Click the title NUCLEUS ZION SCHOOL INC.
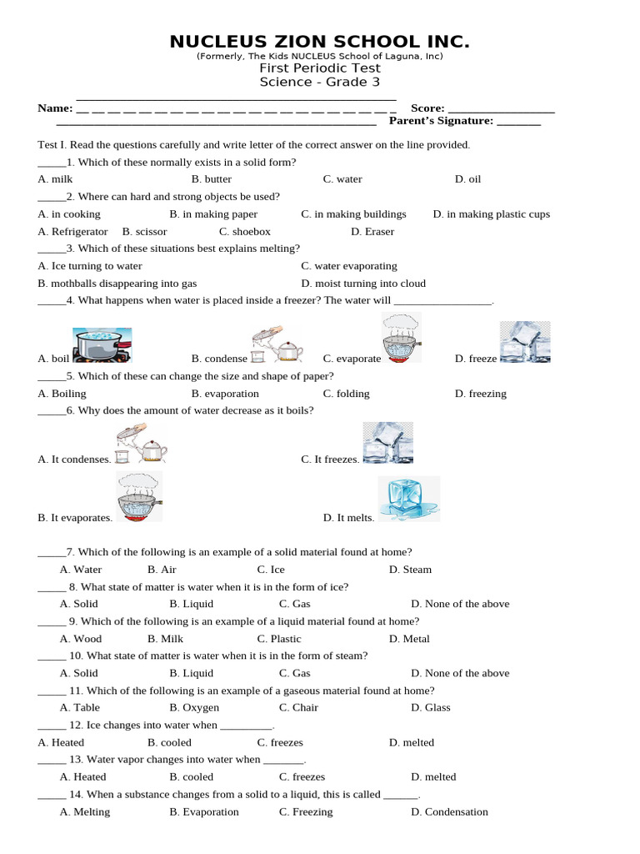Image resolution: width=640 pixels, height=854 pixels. [320, 42]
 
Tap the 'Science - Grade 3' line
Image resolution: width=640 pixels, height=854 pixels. [320, 82]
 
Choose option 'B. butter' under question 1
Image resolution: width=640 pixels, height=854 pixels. [212, 179]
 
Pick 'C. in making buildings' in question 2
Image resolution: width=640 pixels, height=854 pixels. [353, 214]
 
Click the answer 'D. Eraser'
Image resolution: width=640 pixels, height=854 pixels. [372, 232]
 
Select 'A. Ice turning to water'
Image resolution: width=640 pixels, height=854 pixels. [90, 266]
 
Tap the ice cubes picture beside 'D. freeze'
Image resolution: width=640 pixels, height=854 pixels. [524, 343]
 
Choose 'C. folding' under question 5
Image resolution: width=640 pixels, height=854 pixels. [347, 394]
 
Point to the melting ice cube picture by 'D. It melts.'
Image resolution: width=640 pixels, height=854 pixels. [408, 500]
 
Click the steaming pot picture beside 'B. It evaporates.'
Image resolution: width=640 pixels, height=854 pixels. [139, 497]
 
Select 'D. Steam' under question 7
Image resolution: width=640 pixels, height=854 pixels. [410, 570]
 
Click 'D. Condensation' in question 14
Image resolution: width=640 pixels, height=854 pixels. [449, 812]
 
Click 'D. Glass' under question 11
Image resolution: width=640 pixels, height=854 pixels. [430, 708]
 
